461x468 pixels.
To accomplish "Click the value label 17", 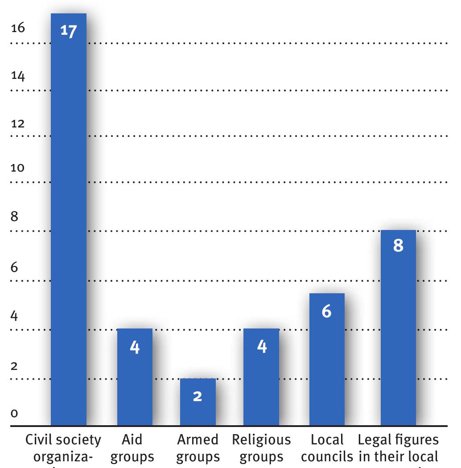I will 69,32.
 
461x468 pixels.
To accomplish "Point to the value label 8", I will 398,246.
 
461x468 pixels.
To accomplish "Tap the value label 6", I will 326,312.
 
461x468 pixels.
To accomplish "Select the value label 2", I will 198,395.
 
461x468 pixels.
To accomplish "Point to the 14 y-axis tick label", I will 18,76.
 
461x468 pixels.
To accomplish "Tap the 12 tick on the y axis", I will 18,123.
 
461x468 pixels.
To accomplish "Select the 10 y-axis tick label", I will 18,168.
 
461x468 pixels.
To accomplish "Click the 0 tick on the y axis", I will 14,414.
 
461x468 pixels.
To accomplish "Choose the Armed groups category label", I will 198,448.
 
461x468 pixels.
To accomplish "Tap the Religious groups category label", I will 261,448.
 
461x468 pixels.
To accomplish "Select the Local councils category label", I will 327,448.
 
